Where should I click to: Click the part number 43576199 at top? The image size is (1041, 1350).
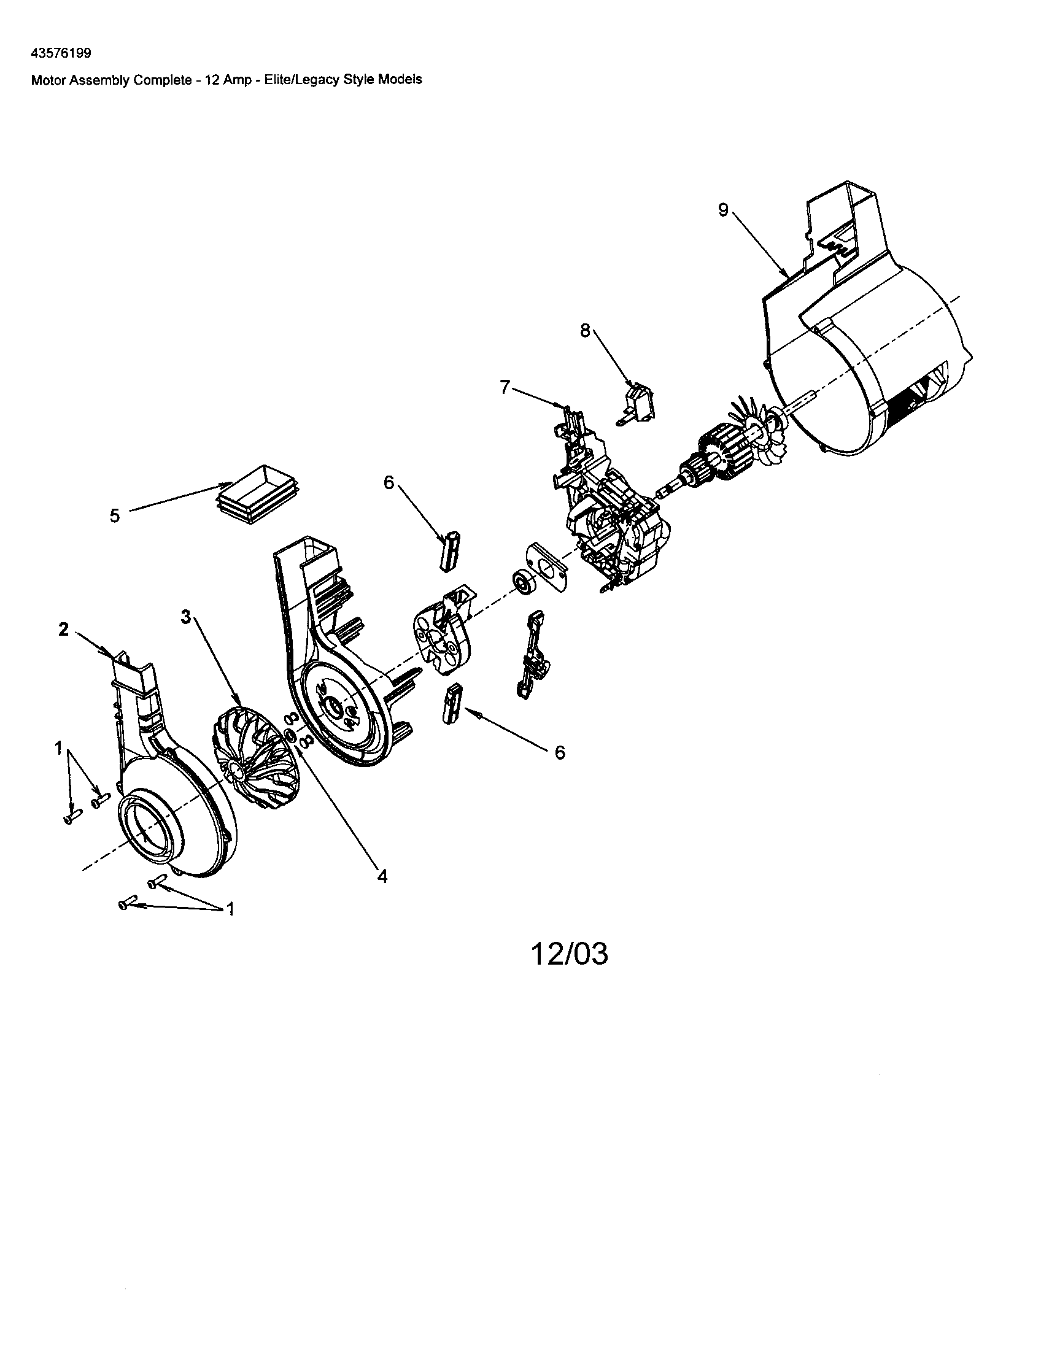pyautogui.click(x=61, y=53)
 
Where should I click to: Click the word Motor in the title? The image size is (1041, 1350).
pyautogui.click(x=47, y=79)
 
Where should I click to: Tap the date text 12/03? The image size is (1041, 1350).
pyautogui.click(x=570, y=954)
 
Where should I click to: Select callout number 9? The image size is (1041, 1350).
pyautogui.click(x=723, y=210)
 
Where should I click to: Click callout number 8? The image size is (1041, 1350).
pyautogui.click(x=585, y=331)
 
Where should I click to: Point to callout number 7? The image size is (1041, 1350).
pyautogui.click(x=505, y=387)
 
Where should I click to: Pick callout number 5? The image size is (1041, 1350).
pyautogui.click(x=115, y=516)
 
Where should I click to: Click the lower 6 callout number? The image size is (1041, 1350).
pyautogui.click(x=559, y=752)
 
